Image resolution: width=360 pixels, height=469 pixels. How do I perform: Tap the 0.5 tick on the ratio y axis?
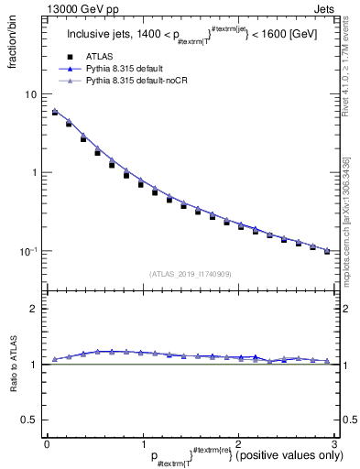[x=29, y=420]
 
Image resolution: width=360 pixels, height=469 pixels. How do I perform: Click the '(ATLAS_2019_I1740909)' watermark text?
[x=189, y=273]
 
